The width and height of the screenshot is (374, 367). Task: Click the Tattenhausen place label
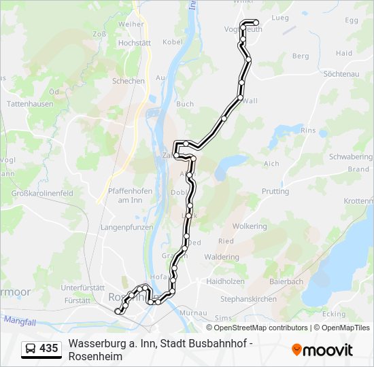29,104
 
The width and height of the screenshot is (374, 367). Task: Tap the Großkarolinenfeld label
43,193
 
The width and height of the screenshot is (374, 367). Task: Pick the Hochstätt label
134,42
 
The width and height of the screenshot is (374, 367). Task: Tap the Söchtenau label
341,73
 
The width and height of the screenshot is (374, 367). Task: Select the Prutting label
275,192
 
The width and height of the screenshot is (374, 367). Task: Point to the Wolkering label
250,226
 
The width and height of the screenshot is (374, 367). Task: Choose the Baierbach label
286,281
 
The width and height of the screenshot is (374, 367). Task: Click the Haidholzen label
225,281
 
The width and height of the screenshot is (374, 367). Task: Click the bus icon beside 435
31,349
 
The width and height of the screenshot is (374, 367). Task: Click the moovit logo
322,350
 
